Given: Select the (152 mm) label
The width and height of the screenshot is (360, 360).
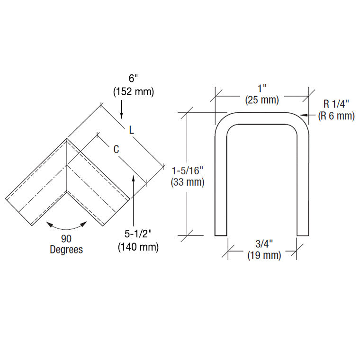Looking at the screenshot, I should pos(133,92).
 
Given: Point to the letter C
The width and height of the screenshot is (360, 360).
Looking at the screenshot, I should pos(116,149).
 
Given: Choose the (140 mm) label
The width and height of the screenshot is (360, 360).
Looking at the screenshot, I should pos(138,247).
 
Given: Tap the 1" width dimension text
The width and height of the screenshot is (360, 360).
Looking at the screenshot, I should pos(262,89).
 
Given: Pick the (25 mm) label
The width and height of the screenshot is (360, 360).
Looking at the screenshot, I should pos(262,100).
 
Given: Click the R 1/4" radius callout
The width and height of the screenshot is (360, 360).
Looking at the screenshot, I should pos(337,104).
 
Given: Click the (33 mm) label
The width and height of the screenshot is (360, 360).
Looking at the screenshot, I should pos(188,182).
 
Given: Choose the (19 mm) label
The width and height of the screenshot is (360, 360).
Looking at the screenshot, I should pos(264,255).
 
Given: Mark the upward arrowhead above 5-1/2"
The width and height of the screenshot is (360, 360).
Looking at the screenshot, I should pos(134,179).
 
